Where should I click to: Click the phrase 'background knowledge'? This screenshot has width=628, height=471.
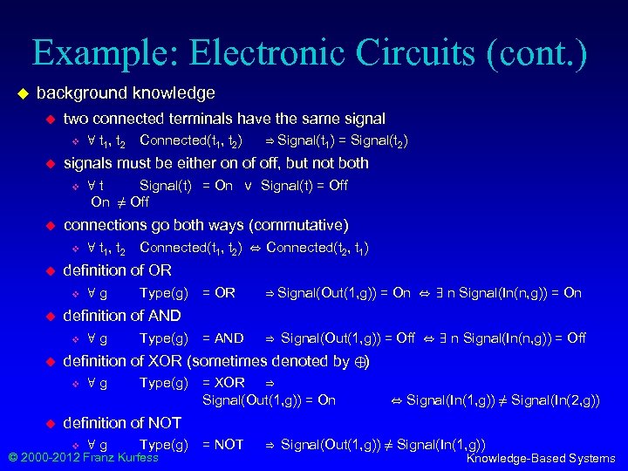tap(126, 92)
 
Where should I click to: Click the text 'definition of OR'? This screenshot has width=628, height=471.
tap(118, 270)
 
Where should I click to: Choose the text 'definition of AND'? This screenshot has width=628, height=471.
tap(122, 316)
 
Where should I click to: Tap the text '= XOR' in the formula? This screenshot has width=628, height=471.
tap(223, 383)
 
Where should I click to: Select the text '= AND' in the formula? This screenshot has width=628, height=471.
tap(223, 338)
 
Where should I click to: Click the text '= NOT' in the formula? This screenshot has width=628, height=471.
tap(223, 445)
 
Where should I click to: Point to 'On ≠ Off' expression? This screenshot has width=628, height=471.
tap(120, 202)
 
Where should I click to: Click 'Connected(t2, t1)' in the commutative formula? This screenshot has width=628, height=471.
tap(317, 249)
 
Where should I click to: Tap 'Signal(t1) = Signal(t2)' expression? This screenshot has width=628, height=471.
tap(343, 140)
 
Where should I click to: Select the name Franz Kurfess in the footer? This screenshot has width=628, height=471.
tap(112, 457)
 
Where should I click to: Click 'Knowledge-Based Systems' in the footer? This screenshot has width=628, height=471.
tap(541, 459)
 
